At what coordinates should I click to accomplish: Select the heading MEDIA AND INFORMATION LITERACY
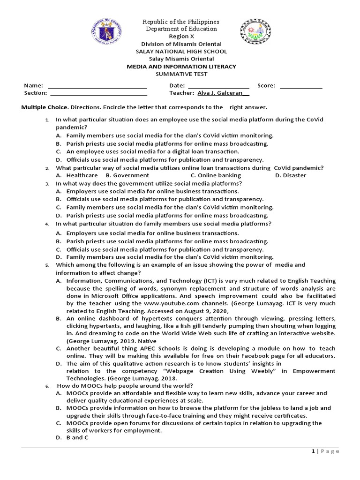[x=181, y=67]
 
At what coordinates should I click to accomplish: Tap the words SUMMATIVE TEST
[x=181, y=74]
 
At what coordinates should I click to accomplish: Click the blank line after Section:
[x=97, y=93]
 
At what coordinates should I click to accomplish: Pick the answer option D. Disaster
[x=291, y=175]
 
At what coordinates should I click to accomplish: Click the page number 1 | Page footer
[x=325, y=451]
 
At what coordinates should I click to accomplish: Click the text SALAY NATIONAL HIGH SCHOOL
[x=181, y=52]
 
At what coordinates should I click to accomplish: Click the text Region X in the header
[x=181, y=36]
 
